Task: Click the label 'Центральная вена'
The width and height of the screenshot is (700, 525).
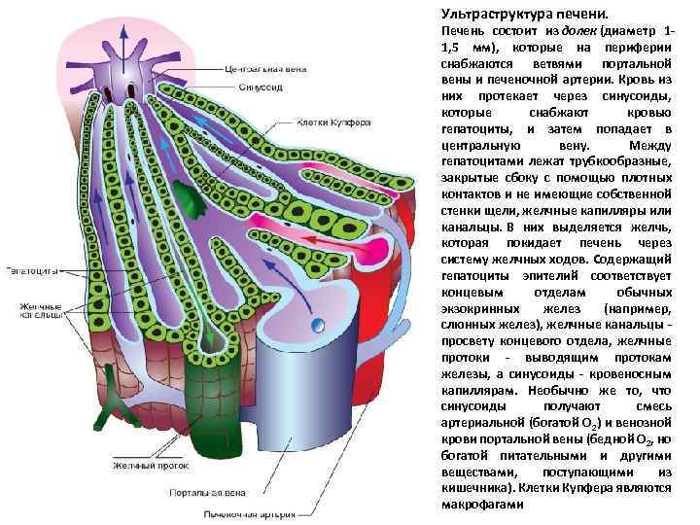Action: pos(265,70)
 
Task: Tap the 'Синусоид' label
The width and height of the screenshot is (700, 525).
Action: pos(258,87)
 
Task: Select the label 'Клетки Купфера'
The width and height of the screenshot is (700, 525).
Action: pos(332,123)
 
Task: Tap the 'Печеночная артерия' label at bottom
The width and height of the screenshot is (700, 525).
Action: pos(243,512)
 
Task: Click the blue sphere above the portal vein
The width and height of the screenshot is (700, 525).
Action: pos(316,325)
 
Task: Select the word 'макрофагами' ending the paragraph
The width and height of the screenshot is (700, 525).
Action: pos(482,505)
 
